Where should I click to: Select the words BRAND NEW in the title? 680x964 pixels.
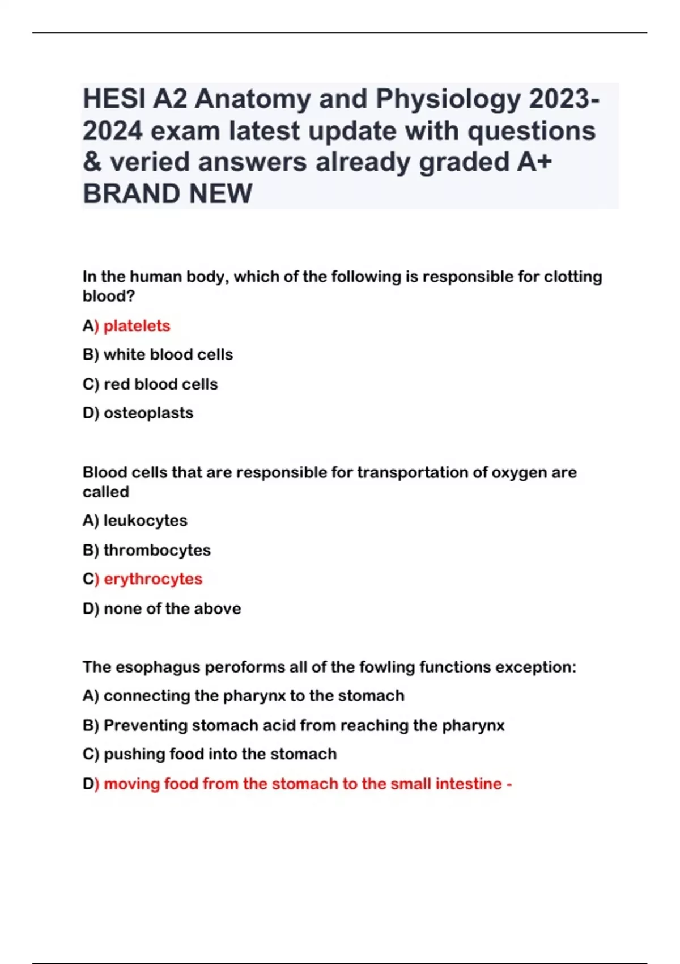pyautogui.click(x=167, y=194)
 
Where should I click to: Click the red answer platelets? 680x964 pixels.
pyautogui.click(x=137, y=326)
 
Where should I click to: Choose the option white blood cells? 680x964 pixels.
pyautogui.click(x=168, y=355)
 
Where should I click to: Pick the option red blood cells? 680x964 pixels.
pyautogui.click(x=160, y=384)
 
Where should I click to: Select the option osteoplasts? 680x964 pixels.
pyautogui.click(x=148, y=413)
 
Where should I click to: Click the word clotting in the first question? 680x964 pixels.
pyautogui.click(x=573, y=277)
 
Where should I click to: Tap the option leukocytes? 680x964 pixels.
pyautogui.click(x=145, y=521)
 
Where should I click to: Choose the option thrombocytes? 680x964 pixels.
pyautogui.click(x=157, y=550)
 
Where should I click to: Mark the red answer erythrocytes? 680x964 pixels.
pyautogui.click(x=153, y=579)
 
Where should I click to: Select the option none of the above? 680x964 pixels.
pyautogui.click(x=172, y=609)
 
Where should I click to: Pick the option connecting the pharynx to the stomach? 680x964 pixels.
pyautogui.click(x=253, y=696)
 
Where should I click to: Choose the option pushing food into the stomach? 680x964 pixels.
pyautogui.click(x=220, y=754)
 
